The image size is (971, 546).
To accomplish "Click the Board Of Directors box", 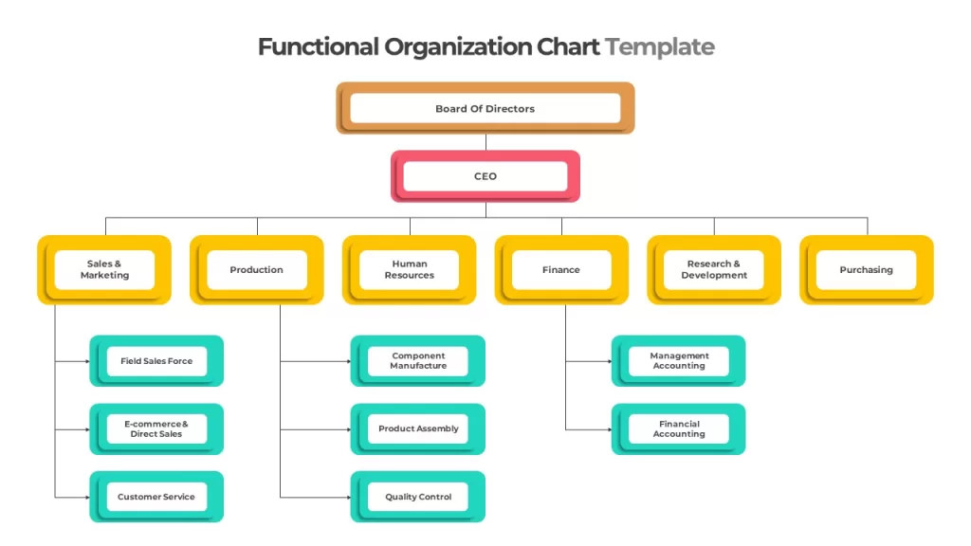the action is [485, 108].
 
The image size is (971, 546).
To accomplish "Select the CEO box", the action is [485, 176].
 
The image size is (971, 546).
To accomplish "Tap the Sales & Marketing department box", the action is [104, 270].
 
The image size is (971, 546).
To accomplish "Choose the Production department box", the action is [256, 270].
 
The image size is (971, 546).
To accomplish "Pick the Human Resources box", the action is [410, 270].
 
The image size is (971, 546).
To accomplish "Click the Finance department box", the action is [561, 270].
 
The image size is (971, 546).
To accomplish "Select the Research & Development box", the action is [714, 270].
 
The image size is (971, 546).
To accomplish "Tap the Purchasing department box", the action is [867, 270].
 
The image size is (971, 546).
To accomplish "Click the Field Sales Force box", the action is [156, 361].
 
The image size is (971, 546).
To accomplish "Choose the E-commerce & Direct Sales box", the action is [156, 429].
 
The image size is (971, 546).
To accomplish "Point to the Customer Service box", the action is [156, 497].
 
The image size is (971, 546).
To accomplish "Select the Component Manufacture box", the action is [418, 361].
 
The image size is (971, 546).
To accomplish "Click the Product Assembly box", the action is [418, 429].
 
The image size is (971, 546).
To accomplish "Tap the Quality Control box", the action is [418, 497].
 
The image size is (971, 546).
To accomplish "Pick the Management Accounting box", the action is [679, 361].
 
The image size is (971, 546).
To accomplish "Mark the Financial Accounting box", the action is [679, 429].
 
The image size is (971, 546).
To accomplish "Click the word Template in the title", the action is [660, 47].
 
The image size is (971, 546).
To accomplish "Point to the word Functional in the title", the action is [319, 46].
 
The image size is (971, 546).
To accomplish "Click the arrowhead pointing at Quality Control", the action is [349, 497].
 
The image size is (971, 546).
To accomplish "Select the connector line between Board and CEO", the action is [485, 142].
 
